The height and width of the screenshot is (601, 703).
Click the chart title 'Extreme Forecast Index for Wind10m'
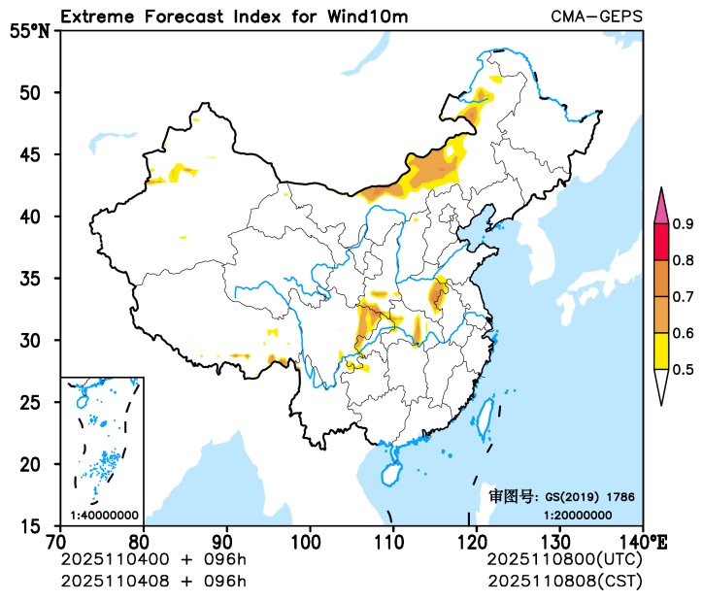pyautogui.click(x=234, y=17)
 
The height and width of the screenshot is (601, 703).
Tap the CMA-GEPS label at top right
pyautogui.click(x=595, y=17)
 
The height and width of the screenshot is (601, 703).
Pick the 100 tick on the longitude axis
pyautogui.click(x=309, y=540)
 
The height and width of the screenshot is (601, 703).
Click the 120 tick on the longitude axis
pyautogui.click(x=476, y=540)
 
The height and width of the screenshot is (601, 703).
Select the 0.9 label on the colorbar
pyautogui.click(x=683, y=224)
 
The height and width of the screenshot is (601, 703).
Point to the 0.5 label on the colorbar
pyautogui.click(x=683, y=369)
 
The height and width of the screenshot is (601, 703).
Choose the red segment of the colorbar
pyautogui.click(x=661, y=242)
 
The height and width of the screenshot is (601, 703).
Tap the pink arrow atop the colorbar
pyautogui.click(x=661, y=207)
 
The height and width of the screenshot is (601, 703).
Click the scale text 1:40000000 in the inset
pyautogui.click(x=104, y=515)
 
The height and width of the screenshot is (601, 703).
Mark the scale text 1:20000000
pyautogui.click(x=578, y=515)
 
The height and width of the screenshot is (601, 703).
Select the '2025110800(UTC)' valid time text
pyautogui.click(x=564, y=560)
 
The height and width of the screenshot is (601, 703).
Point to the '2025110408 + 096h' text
pyautogui.click(x=152, y=581)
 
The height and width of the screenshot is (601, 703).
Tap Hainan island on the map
pyautogui.click(x=390, y=475)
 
